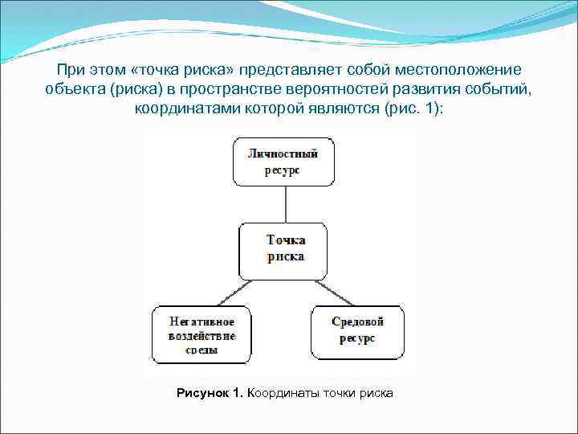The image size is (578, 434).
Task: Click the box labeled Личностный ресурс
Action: tap(283, 161)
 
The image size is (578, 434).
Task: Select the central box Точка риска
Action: tap(285, 249)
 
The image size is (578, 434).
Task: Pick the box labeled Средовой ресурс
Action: tap(357, 330)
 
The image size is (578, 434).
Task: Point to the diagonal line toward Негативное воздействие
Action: tap(227, 292)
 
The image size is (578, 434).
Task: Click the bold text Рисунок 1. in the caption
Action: tap(210, 393)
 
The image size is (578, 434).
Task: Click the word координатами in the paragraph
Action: tap(181, 108)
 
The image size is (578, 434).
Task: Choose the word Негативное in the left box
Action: tap(201, 321)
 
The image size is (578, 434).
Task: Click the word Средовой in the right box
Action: tap(357, 321)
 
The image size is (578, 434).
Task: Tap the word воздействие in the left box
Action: tap(201, 335)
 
